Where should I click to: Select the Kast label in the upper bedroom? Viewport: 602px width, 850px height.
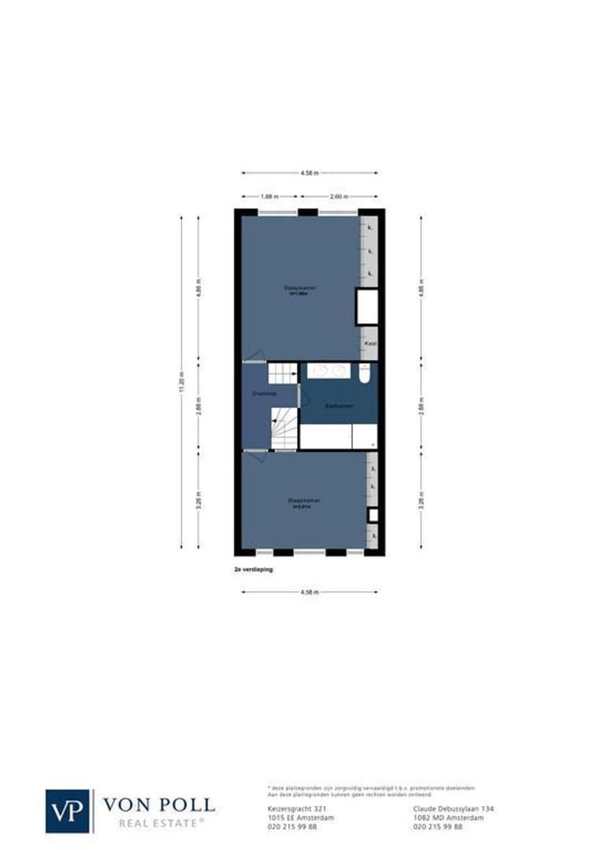point(370,344)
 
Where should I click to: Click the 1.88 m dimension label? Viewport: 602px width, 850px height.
point(269,197)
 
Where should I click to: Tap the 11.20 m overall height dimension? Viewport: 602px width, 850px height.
point(181,382)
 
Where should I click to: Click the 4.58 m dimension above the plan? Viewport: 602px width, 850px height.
point(310,173)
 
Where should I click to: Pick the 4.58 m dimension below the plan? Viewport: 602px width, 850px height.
point(310,592)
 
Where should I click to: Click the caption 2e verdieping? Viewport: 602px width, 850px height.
point(253,568)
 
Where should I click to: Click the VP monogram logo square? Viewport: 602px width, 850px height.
point(69,811)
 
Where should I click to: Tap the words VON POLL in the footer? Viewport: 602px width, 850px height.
point(158,804)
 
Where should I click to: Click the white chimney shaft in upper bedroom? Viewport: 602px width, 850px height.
point(367,307)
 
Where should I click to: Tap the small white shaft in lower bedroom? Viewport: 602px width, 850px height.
point(373,516)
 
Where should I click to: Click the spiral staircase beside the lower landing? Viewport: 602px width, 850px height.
point(284,429)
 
